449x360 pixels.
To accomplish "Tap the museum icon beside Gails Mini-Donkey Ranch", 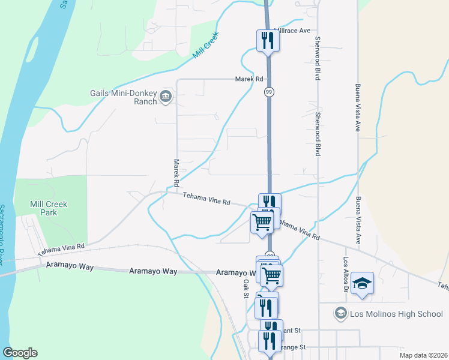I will point(166,96).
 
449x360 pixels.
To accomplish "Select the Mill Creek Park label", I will point(49,208).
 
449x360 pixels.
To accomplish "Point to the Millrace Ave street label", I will point(292,30).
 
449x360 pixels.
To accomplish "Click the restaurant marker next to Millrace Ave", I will point(268,41).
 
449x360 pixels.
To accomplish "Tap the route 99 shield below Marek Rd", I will point(270,92).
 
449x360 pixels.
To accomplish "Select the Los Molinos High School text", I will point(397,313).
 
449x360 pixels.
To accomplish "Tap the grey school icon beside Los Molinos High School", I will point(341,313).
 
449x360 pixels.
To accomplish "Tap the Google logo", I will point(19,353).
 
